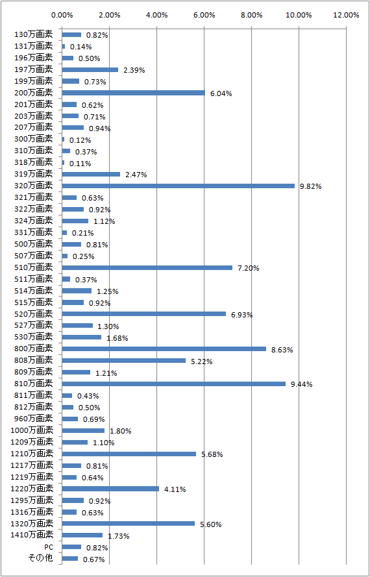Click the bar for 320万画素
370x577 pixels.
(179, 186)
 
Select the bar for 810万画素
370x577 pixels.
(174, 384)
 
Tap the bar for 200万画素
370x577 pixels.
(134, 93)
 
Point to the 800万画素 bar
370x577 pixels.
(164, 349)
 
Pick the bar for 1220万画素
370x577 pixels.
(110, 489)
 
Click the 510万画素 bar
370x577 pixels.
(147, 267)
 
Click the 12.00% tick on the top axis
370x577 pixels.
(346, 15)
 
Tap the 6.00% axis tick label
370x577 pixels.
(204, 15)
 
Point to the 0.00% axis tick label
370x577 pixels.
(62, 15)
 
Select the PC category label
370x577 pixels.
(49, 547)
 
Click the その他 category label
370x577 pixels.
(40, 559)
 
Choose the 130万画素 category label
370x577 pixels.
(34, 34)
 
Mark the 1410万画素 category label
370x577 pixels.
(32, 535)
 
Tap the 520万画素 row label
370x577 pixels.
(34, 314)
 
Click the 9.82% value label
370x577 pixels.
(311, 186)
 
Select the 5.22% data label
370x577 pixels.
(202, 362)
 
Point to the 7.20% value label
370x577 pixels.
(249, 268)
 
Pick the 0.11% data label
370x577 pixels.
(80, 164)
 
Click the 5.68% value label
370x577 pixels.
(212, 454)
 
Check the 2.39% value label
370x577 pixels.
(134, 70)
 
